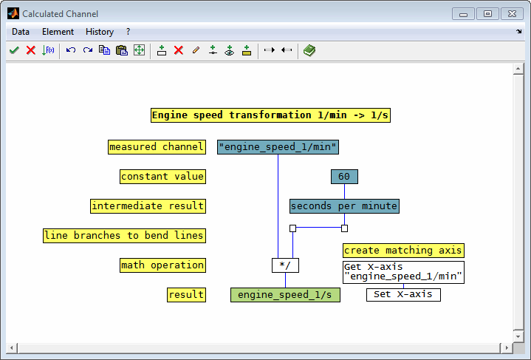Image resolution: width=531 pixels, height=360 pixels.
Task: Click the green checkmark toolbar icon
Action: pos(14,50)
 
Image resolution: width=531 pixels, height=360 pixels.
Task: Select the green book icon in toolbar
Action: pos(309,50)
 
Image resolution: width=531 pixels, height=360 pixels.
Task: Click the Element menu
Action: pos(58,32)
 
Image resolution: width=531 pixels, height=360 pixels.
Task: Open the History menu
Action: pos(100,32)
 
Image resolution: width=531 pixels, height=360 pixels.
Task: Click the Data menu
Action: pos(21,32)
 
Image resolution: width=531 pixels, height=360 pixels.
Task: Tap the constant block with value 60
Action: pos(344,177)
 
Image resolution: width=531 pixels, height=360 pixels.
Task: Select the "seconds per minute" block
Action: pos(344,206)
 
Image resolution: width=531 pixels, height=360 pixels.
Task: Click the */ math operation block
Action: pos(286,265)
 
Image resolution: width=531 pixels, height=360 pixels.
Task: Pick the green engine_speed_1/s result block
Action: pos(285,295)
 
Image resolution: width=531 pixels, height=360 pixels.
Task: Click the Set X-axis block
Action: pos(403,294)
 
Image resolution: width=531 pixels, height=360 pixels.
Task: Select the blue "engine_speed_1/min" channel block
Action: pos(278,147)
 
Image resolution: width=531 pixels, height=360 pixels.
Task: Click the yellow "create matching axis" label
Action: pos(403,251)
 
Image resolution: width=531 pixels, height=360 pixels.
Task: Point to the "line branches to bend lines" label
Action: pos(124,236)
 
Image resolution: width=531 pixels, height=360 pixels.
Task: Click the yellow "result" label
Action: pos(186,295)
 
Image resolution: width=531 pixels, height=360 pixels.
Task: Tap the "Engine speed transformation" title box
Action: pos(270,115)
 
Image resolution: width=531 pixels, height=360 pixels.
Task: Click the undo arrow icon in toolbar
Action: pos(71,50)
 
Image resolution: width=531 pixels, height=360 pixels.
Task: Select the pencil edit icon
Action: pos(196,50)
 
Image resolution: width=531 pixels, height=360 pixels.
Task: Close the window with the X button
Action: pos(512,14)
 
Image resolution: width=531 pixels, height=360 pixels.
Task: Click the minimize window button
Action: pos(463,14)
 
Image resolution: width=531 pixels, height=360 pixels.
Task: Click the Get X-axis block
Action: pos(403,272)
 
